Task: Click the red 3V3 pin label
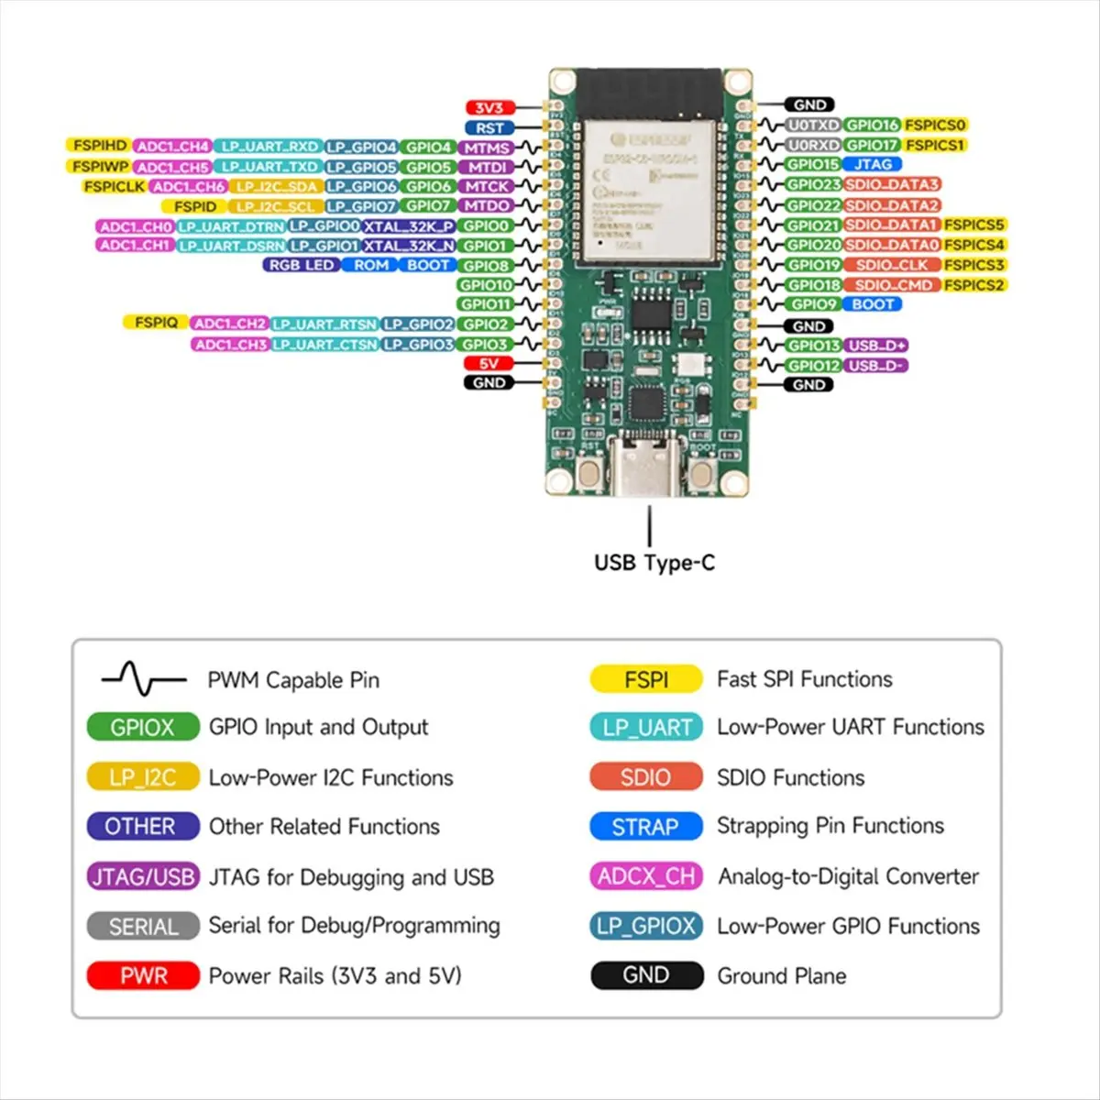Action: coord(489,108)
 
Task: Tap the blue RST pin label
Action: coord(489,128)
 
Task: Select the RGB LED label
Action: coord(301,265)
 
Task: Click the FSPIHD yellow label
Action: coord(99,146)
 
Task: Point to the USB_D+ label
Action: coord(876,346)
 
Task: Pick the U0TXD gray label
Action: coord(813,125)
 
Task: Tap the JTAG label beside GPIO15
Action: coord(872,164)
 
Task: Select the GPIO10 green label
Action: coord(485,285)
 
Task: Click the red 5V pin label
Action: coord(489,364)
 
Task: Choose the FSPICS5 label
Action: coord(974,225)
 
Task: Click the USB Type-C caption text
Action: coord(654,563)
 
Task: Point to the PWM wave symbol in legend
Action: coord(143,679)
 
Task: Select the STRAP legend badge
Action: coord(645,827)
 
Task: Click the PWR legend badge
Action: coord(143,975)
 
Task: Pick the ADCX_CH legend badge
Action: coord(645,876)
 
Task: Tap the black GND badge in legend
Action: coord(645,975)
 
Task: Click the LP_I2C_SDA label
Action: coord(276,186)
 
